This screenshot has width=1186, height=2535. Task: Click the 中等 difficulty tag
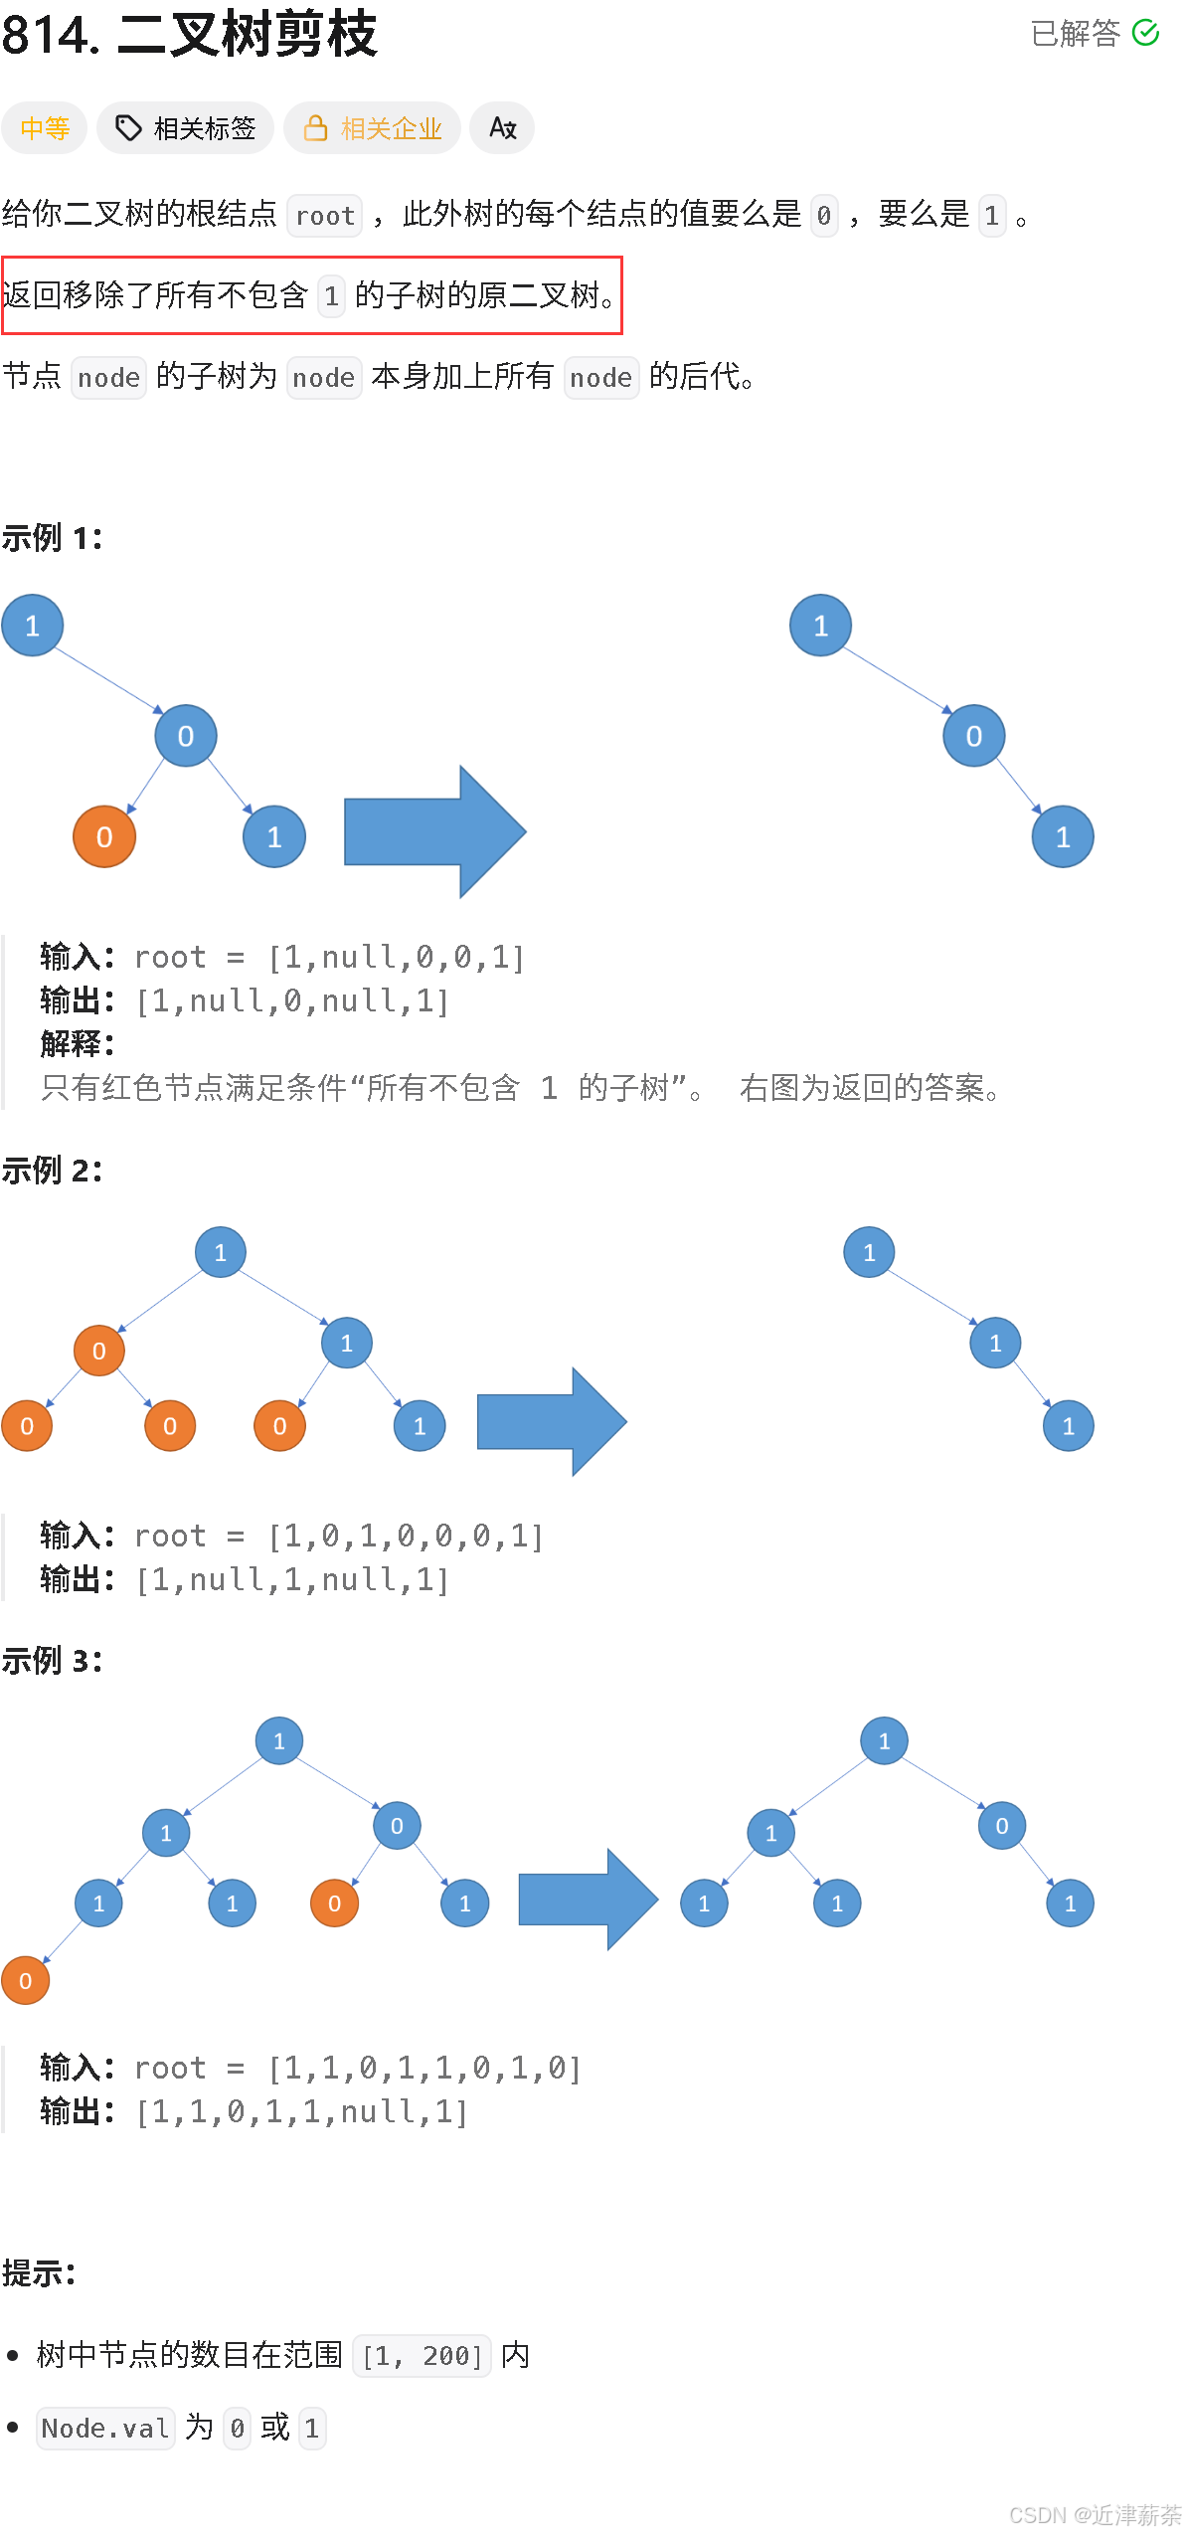(45, 128)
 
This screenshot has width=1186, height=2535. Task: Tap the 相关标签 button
(185, 128)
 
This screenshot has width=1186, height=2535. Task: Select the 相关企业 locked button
(372, 128)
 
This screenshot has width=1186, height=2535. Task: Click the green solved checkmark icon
(1145, 33)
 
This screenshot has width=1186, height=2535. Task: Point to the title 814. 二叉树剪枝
(189, 34)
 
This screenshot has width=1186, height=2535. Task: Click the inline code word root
(324, 216)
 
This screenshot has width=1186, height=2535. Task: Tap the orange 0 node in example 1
(104, 836)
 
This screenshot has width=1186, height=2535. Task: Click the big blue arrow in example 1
(434, 831)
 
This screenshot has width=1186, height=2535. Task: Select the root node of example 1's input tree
(33, 626)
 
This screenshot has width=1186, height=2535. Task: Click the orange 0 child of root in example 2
(99, 1351)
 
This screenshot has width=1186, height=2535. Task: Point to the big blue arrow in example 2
(551, 1422)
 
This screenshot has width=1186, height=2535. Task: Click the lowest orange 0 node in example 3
(26, 1980)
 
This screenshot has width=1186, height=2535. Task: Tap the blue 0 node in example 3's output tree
(1002, 1826)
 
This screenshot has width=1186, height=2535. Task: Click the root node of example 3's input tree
(279, 1741)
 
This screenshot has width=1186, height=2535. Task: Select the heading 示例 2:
(52, 1171)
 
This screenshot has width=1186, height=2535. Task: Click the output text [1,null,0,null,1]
(292, 1001)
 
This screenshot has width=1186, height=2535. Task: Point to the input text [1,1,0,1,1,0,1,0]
(424, 2069)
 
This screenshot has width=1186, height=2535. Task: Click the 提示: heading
(39, 2273)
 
